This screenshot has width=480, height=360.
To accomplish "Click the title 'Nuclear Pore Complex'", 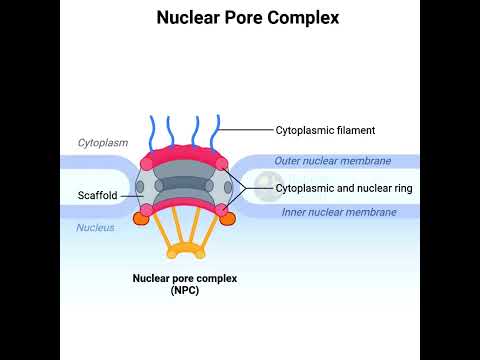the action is [248, 18].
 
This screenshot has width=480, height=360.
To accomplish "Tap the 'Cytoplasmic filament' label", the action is [325, 130].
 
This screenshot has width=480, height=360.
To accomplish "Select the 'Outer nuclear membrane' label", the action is [333, 161].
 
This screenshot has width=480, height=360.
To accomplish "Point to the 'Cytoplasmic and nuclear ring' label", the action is [344, 188].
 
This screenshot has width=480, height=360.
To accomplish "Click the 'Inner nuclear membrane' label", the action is [339, 212].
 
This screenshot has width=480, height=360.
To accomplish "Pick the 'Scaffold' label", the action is [97, 195].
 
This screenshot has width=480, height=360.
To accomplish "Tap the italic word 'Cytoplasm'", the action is [103, 143].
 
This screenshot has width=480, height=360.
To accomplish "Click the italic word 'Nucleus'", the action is [95, 228].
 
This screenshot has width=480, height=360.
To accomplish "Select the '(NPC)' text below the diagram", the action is [185, 290].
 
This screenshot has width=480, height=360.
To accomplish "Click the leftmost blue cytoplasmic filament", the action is [152, 133].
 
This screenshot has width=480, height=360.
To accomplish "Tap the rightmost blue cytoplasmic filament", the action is [216, 132].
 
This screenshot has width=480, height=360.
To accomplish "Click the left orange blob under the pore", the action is [141, 218].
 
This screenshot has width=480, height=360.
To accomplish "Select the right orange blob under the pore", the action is [228, 219].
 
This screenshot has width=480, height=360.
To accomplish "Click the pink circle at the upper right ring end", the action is [222, 164].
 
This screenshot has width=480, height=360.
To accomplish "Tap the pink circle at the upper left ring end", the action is [146, 164].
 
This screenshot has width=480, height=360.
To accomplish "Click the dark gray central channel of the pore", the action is [184, 184].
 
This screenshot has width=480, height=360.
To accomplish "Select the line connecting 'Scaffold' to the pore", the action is [132, 196].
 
